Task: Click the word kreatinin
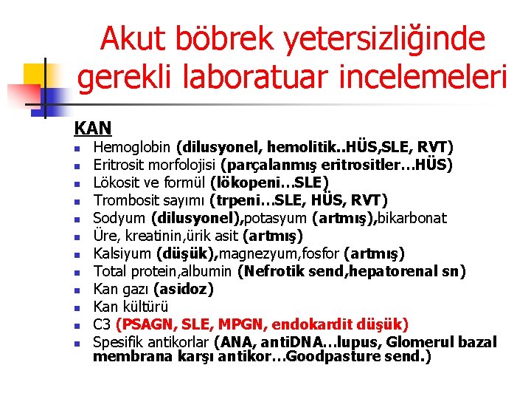tap(154, 236)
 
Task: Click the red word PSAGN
tap(147, 324)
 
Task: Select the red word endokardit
tap(310, 324)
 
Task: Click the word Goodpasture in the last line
tap(344, 357)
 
